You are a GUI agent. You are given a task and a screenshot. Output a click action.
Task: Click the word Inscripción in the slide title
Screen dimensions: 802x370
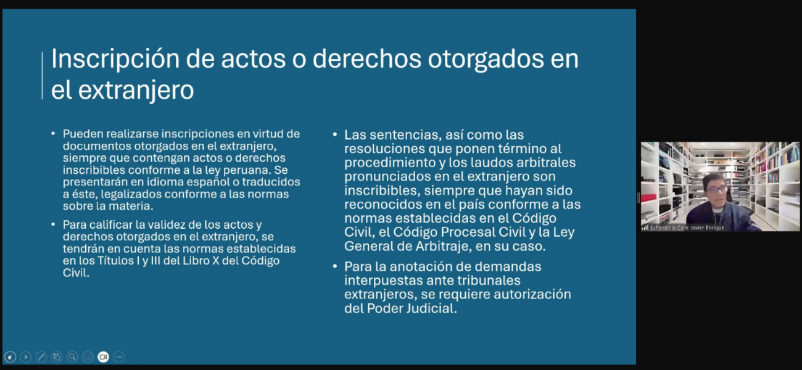pos(115,59)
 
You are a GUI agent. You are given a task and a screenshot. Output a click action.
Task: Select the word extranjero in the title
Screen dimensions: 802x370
pos(136,91)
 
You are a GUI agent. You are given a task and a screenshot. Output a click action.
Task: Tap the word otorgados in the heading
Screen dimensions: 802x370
pos(486,59)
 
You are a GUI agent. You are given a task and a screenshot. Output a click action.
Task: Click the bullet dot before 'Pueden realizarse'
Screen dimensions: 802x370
pos(53,134)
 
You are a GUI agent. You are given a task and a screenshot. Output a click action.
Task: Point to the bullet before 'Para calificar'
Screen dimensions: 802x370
pos(53,224)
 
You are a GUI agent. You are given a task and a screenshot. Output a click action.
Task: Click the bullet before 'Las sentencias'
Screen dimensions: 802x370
pos(335,134)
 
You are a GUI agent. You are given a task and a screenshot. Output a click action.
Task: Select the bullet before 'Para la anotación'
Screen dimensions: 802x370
pos(335,266)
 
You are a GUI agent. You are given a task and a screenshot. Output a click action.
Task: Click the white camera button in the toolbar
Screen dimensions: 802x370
pos(103,357)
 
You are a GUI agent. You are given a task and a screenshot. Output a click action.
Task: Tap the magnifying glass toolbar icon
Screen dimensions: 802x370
pos(72,357)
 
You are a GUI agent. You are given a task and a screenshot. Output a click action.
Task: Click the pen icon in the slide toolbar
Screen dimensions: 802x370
pos(41,357)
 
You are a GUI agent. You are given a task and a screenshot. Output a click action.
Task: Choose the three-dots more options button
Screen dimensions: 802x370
pos(119,357)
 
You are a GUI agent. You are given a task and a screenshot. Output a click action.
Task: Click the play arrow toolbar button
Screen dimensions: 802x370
pos(26,357)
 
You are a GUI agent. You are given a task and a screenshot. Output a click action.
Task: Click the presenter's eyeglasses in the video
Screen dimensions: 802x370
pos(716,189)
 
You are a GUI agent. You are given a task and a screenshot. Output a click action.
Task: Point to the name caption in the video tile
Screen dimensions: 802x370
pos(687,228)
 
